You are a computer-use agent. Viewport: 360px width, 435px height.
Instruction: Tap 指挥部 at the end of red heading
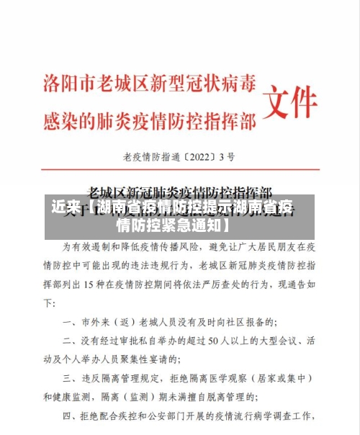pyautogui.click(x=230, y=122)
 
